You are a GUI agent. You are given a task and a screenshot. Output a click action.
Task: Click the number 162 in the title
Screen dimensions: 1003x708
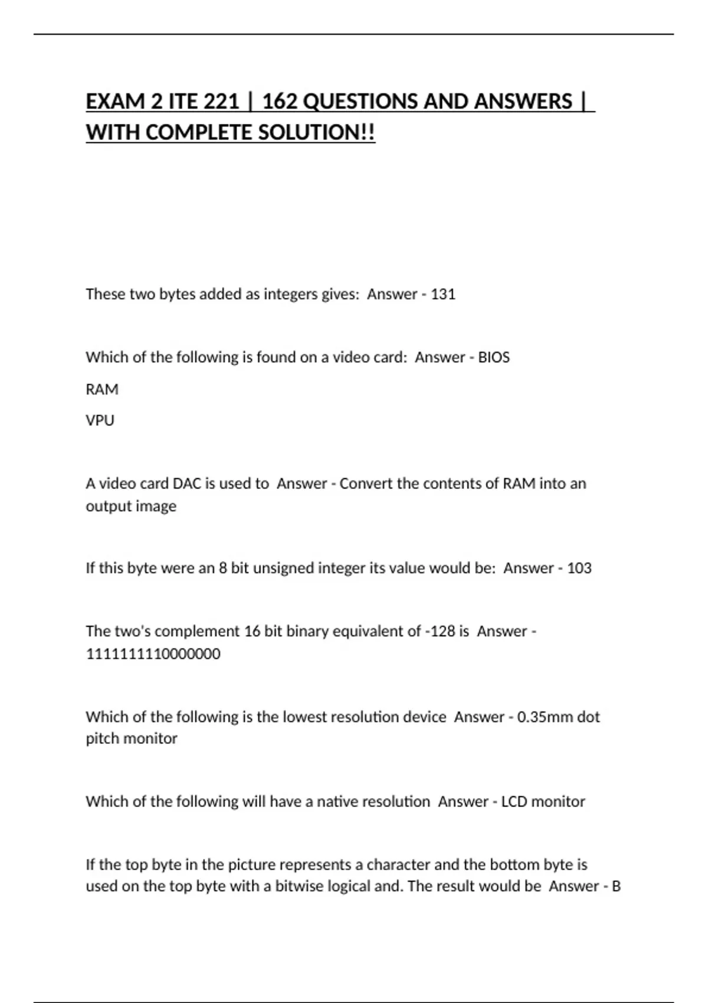(279, 101)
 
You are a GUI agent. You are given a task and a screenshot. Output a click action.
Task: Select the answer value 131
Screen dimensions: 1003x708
(443, 294)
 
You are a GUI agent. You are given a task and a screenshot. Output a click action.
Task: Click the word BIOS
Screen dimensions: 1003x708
(494, 357)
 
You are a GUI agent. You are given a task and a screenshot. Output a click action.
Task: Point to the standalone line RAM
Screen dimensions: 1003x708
(102, 389)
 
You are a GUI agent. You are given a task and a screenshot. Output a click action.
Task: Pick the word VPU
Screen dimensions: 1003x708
(100, 421)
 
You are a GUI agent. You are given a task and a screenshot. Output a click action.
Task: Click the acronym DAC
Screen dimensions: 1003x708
(187, 484)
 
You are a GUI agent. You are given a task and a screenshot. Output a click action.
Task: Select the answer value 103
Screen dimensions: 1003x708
(579, 568)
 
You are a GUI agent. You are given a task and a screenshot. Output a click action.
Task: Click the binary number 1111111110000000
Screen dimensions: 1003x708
(153, 654)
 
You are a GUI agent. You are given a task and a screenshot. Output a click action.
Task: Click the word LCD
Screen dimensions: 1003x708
(514, 801)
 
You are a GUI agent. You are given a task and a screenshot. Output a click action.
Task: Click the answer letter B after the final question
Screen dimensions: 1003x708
(616, 886)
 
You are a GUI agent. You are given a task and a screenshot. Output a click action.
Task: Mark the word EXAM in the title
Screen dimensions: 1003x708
(115, 101)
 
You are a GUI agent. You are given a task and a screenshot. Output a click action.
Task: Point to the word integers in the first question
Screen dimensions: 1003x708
(290, 294)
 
